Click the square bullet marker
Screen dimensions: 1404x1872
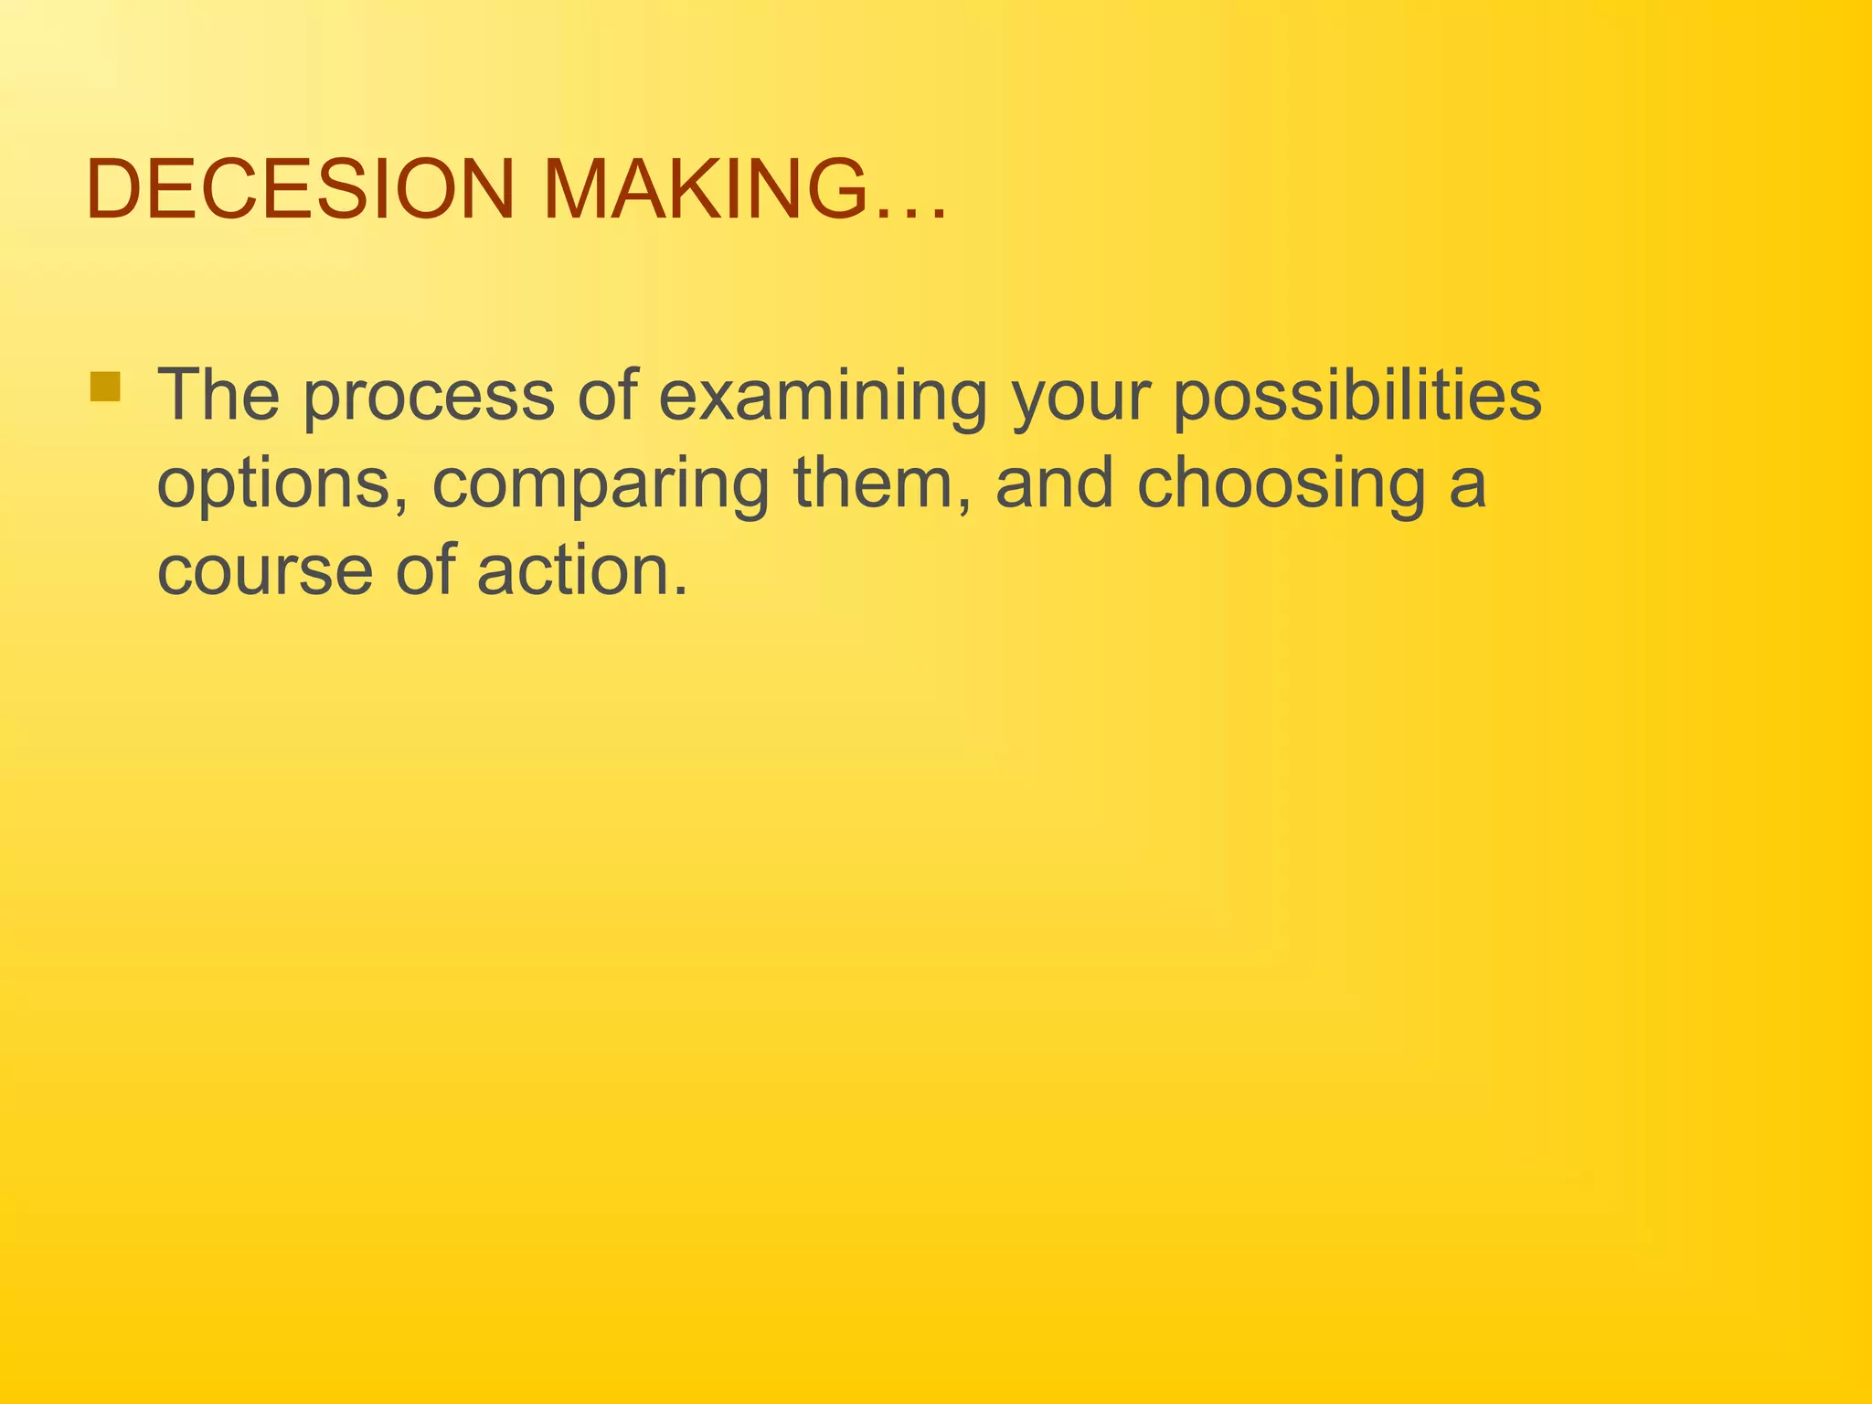pos(106,387)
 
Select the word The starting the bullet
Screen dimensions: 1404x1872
pos(218,395)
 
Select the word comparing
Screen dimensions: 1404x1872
pos(600,485)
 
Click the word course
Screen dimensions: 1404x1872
pos(266,572)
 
